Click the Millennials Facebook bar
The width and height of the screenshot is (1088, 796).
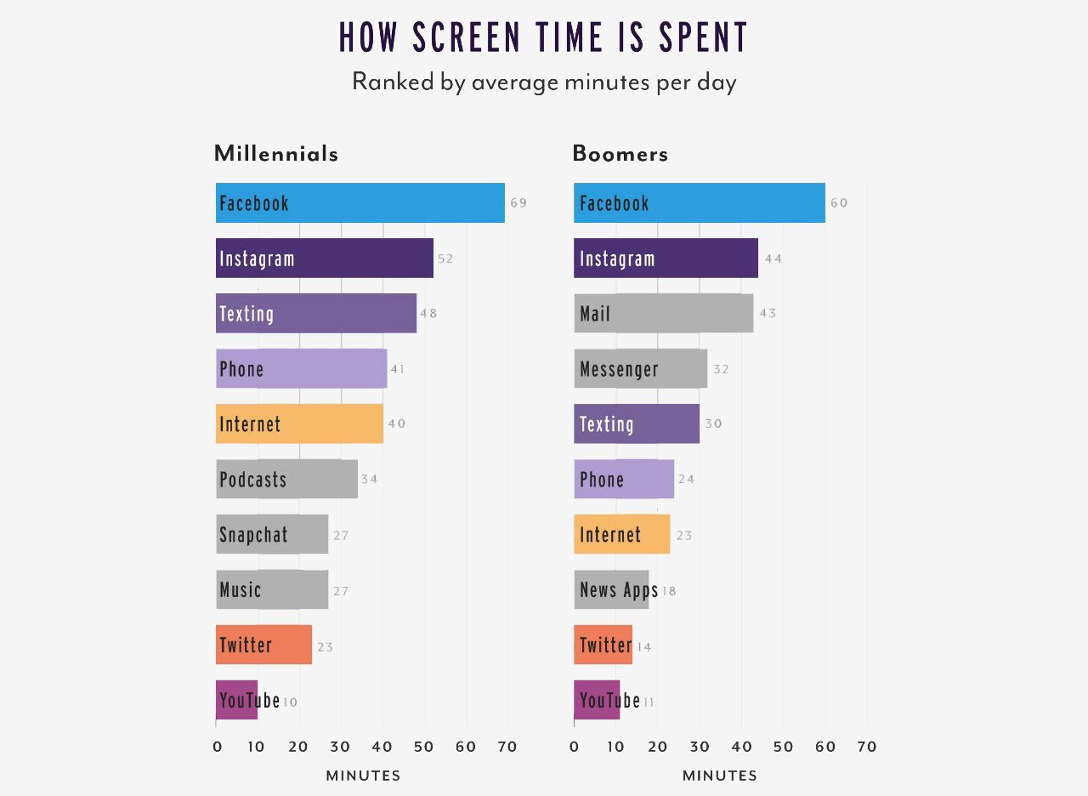pos(360,203)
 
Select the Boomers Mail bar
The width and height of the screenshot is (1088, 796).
pos(663,314)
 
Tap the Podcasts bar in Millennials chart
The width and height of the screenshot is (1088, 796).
pos(286,480)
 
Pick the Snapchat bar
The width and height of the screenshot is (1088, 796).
pos(272,535)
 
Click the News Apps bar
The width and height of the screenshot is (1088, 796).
pos(611,590)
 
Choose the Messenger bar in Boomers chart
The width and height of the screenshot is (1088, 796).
pos(640,369)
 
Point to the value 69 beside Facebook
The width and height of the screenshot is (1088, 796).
pos(518,203)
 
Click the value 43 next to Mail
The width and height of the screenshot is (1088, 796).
pos(768,314)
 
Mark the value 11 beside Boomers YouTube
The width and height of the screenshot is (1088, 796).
pos(648,702)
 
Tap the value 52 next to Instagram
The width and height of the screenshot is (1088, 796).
pos(445,259)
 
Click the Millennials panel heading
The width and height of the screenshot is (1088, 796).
pos(276,154)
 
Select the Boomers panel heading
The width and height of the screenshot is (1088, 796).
pos(620,154)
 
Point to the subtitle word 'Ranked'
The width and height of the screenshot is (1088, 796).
pos(393,82)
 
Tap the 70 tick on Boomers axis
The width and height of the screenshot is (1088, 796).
pos(867,748)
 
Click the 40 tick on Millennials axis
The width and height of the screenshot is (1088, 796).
pos(382,748)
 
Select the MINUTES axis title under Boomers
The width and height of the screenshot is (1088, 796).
pos(719,776)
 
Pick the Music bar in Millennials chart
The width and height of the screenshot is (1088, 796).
pos(272,590)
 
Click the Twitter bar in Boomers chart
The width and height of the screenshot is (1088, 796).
pos(603,645)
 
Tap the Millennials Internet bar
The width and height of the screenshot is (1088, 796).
pos(299,424)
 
